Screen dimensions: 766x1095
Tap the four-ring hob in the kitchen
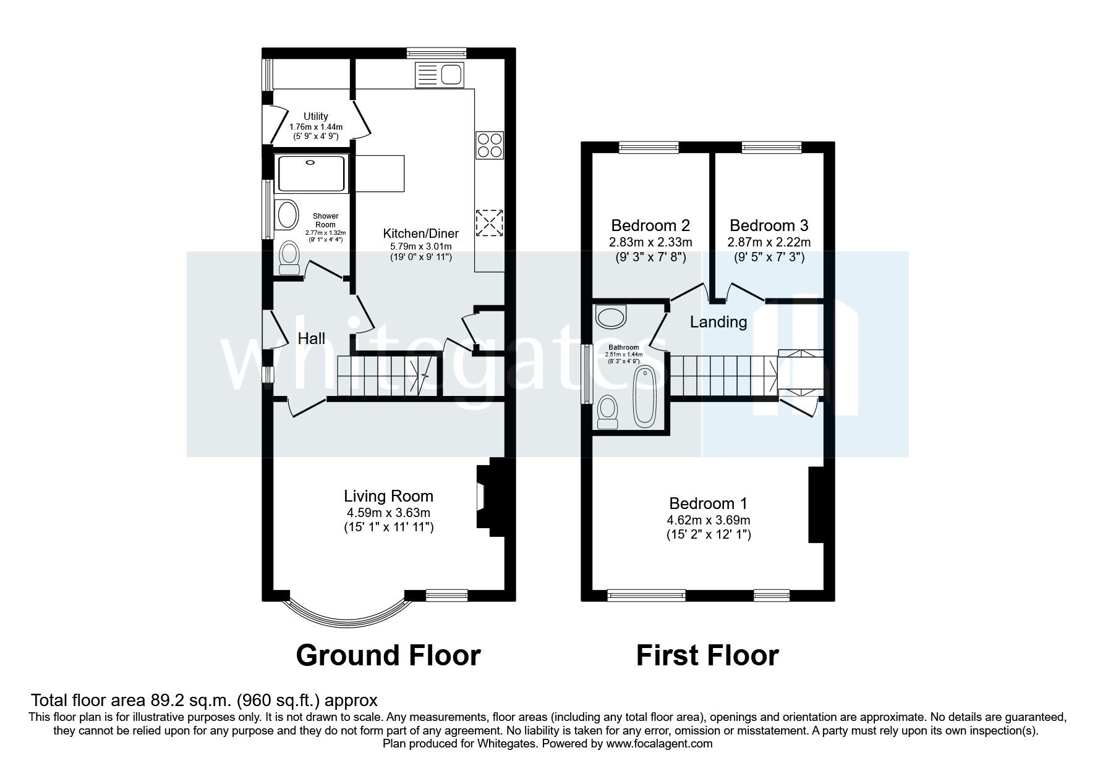pyautogui.click(x=489, y=145)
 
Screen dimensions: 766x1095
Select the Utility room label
pyautogui.click(x=315, y=116)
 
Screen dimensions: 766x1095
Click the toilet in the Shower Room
pyautogui.click(x=289, y=258)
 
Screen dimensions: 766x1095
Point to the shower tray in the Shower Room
pyautogui.click(x=312, y=174)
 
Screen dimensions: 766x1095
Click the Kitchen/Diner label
pyautogui.click(x=420, y=234)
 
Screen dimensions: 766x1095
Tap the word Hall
pyautogui.click(x=312, y=339)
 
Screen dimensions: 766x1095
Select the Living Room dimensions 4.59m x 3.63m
pyautogui.click(x=388, y=513)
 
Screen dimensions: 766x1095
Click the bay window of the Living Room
pyautogui.click(x=346, y=614)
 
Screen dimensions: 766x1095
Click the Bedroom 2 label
pyautogui.click(x=650, y=225)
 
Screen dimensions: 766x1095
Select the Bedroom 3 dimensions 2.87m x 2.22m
pyautogui.click(x=769, y=242)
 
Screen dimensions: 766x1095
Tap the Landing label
pyautogui.click(x=718, y=322)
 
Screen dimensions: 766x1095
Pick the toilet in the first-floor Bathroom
pyautogui.click(x=607, y=412)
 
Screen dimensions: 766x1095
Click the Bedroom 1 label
pyautogui.click(x=708, y=503)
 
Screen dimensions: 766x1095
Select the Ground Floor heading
pyautogui.click(x=388, y=655)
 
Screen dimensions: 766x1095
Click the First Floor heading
pyautogui.click(x=707, y=655)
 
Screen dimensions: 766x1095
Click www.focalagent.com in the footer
pyautogui.click(x=659, y=744)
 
